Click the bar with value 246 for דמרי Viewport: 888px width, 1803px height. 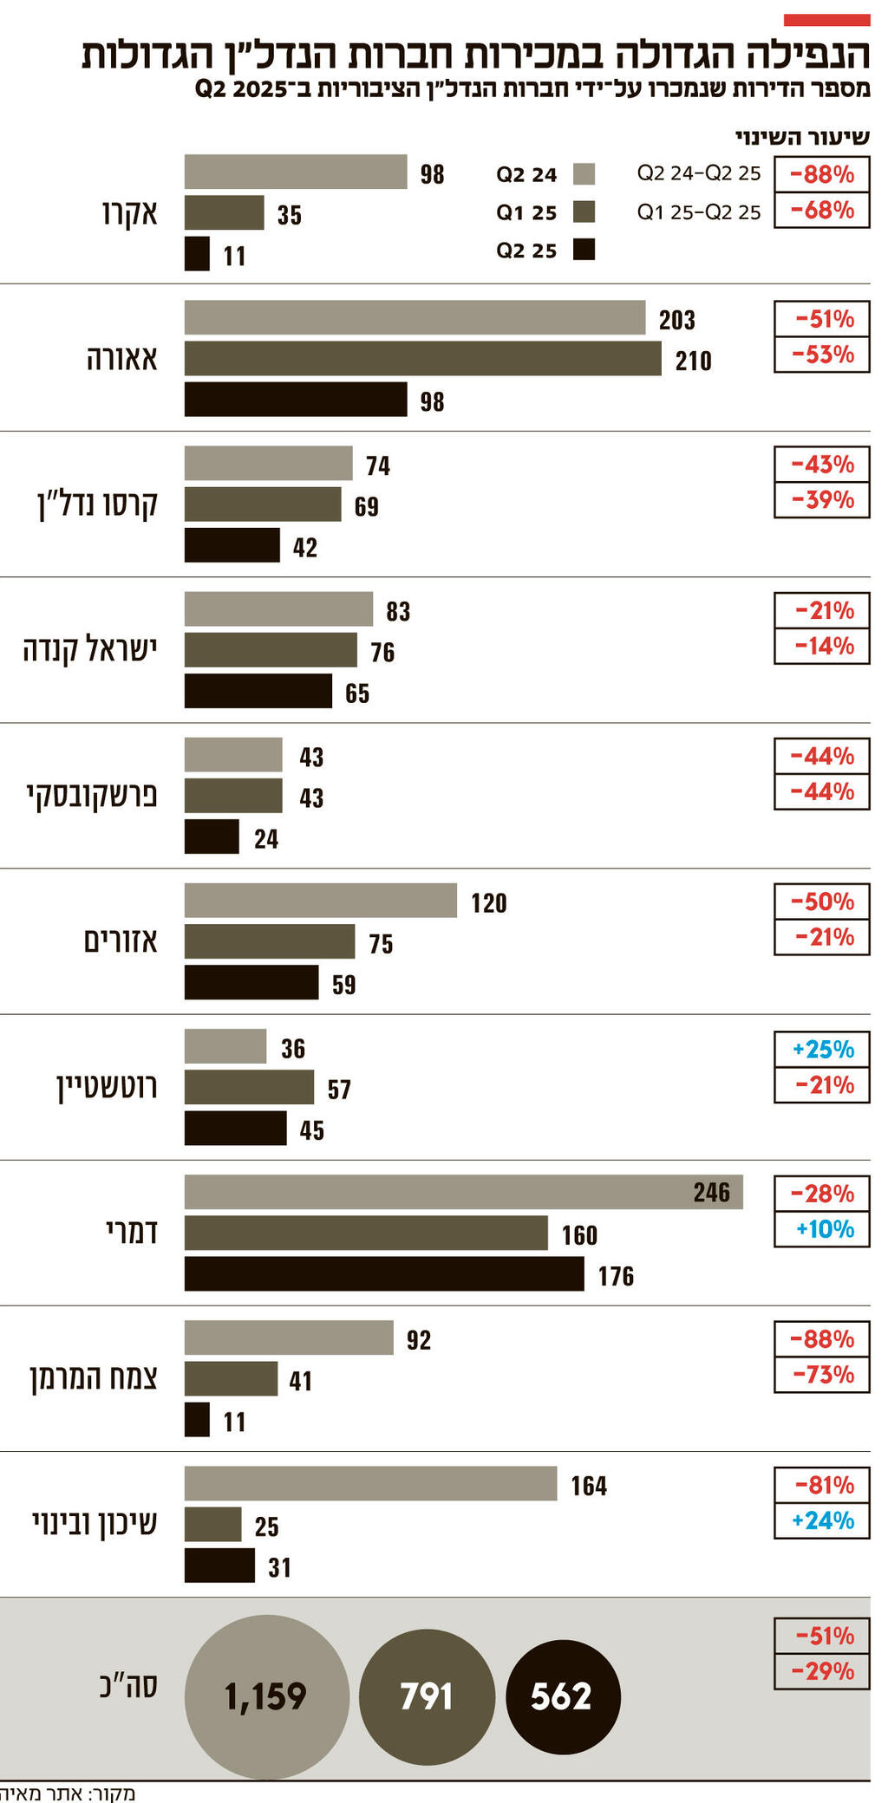463,1192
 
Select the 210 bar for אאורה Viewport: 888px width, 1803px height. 422,359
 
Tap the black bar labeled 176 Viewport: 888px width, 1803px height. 383,1273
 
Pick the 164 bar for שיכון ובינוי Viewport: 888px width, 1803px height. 370,1483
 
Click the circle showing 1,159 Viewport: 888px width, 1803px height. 266,1696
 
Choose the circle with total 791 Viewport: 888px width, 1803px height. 427,1696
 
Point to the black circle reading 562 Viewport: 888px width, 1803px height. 563,1696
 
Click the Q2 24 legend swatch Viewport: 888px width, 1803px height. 584,174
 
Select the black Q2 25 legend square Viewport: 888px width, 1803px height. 584,251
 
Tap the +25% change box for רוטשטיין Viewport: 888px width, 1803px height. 822,1050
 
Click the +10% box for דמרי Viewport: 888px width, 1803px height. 822,1229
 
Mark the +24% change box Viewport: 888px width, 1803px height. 822,1520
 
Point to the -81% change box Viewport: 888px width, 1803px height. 822,1486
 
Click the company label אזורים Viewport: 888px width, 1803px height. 121,941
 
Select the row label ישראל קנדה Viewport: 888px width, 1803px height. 90,649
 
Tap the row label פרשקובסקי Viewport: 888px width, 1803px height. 92,796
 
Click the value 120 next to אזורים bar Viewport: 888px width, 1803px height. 489,903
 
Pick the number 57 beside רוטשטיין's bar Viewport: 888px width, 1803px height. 339,1090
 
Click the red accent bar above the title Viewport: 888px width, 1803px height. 826,20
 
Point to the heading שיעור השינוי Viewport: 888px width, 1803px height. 802,138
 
